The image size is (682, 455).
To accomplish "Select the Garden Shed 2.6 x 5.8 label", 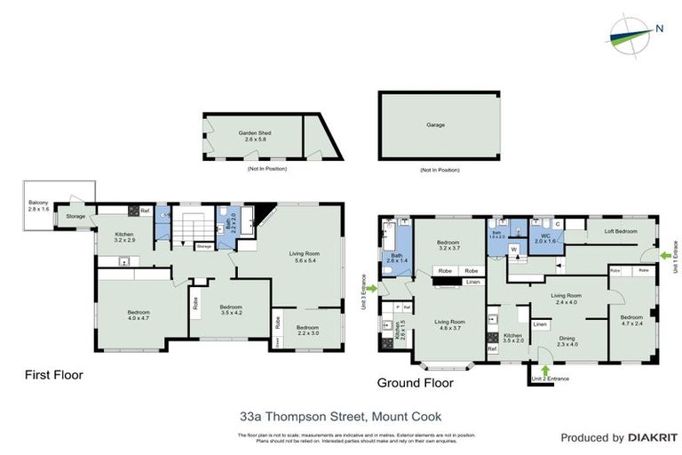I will pyautogui.click(x=254, y=136).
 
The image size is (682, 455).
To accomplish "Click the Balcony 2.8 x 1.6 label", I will pyautogui.click(x=39, y=207).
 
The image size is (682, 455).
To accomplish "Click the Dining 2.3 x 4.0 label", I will pyautogui.click(x=567, y=340).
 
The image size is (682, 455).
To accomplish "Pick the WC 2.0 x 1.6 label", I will pyautogui.click(x=543, y=238).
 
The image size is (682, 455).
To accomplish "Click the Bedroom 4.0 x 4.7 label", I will pyautogui.click(x=138, y=315).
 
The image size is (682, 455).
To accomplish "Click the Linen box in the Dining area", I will pyautogui.click(x=540, y=325).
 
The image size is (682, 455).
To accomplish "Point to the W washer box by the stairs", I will pyautogui.click(x=514, y=250).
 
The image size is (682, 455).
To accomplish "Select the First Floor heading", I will pyautogui.click(x=53, y=375).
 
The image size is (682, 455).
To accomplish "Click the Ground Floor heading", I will pyautogui.click(x=416, y=383).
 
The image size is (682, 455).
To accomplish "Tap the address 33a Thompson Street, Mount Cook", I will pyautogui.click(x=341, y=414).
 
